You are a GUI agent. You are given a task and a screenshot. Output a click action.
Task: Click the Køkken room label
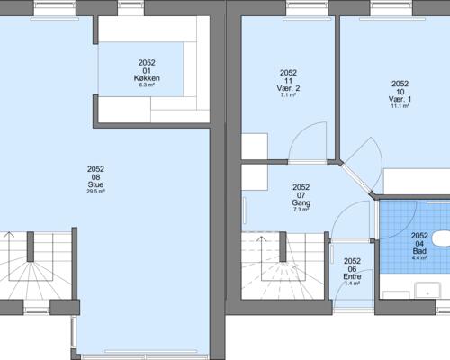[147, 78]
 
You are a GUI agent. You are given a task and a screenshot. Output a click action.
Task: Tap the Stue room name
[95, 184]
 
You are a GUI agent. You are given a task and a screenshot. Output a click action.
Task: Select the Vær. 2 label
[288, 88]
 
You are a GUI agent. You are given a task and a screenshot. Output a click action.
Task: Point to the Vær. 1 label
[400, 99]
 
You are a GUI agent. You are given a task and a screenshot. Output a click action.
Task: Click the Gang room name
[301, 203]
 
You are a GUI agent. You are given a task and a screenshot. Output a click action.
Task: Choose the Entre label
[352, 276]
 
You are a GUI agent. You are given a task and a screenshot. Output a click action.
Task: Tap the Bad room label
[419, 251]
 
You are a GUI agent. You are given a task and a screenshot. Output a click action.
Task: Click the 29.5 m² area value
[95, 192]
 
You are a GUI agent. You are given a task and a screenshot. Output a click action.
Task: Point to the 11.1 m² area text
[400, 106]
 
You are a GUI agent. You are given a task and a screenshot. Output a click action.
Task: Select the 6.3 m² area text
[147, 85]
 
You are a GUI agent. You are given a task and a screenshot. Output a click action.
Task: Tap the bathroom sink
[427, 291]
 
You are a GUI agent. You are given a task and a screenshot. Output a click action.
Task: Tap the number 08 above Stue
[95, 177]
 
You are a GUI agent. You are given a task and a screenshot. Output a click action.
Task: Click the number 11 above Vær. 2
[288, 81]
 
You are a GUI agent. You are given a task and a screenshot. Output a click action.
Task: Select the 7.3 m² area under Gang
[301, 210]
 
